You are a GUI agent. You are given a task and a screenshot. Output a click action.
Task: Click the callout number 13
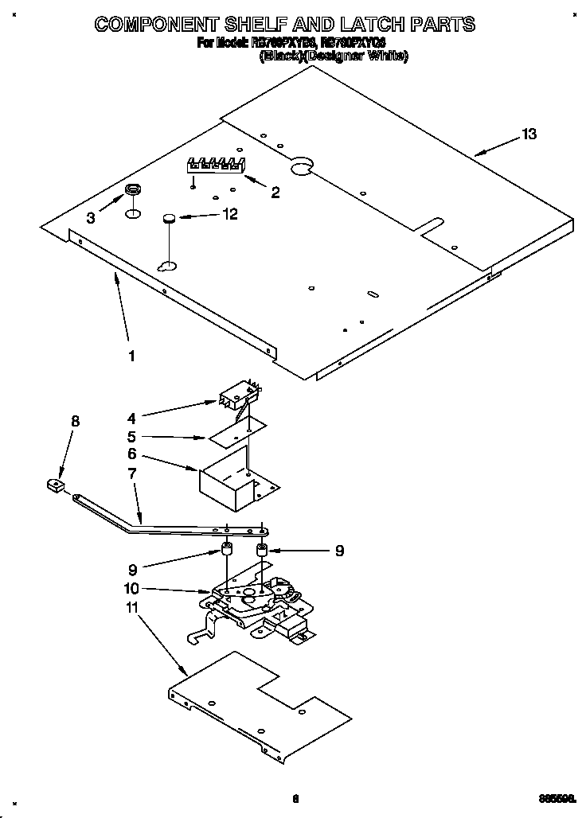(x=529, y=134)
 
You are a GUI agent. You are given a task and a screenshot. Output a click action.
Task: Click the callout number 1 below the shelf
(x=132, y=356)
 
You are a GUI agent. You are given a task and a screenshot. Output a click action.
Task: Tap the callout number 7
(x=132, y=473)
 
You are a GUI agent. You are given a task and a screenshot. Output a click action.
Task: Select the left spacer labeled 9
(x=227, y=549)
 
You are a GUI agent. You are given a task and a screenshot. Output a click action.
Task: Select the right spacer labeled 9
(x=261, y=549)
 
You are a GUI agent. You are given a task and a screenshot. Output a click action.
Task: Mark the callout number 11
(x=133, y=607)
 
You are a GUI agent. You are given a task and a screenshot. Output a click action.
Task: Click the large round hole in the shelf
(x=301, y=166)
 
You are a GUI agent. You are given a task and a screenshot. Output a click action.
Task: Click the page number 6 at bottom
(x=295, y=799)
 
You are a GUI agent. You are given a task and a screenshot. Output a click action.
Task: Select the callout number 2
(x=275, y=192)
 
